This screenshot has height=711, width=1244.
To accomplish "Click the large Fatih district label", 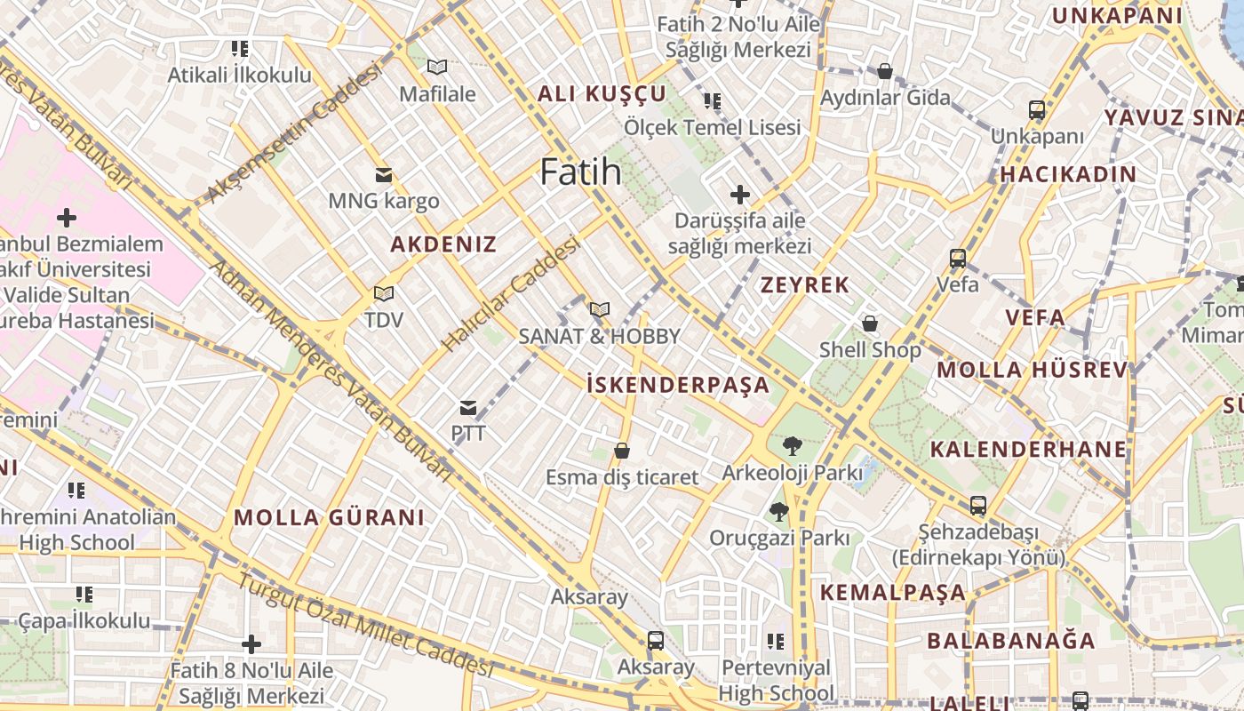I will pos(580,172).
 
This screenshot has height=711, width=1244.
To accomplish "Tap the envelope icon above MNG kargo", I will pos(384,175).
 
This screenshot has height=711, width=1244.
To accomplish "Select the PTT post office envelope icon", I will pos(468,408).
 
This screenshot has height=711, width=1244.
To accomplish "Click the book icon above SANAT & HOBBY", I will pos(600,310).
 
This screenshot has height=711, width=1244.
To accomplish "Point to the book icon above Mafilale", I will pos(436,67).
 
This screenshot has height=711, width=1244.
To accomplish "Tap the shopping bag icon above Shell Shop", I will pos(870,324).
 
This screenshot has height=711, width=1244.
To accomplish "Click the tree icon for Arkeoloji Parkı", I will pos(792,446).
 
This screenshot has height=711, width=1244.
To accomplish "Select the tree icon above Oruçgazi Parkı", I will pos(779,511).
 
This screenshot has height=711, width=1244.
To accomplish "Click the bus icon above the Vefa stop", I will pos(958,259).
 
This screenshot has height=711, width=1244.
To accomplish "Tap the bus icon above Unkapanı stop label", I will pos(1037,110).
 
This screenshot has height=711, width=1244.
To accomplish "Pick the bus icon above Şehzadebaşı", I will pos(978,506).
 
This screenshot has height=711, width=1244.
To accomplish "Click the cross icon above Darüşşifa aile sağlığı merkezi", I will pos(739,194).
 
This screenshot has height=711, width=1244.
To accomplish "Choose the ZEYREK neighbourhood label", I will pos(805,285).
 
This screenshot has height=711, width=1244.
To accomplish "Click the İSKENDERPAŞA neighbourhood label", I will pos(678,385).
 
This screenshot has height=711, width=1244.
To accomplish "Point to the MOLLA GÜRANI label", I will pos(329,517).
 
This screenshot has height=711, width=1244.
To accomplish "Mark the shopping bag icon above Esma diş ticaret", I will pos(622,451).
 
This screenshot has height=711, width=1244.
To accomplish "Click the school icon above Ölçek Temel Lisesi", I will pos(712,101).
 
